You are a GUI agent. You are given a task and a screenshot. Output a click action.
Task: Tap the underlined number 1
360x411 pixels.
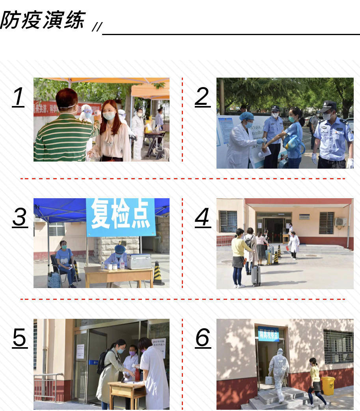click(x=18, y=97)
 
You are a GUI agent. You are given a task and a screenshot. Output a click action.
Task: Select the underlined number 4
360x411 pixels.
click(x=202, y=217)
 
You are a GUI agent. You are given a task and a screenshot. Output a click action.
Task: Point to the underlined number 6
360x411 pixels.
click(x=203, y=338)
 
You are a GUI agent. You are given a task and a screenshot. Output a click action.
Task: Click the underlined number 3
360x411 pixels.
click(x=20, y=217)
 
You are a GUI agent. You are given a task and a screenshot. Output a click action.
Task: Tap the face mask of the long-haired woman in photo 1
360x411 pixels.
click(x=109, y=116)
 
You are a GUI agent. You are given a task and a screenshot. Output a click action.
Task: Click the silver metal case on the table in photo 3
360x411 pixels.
click(x=138, y=261)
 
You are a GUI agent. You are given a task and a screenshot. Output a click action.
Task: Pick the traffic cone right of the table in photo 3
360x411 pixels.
click(x=158, y=273)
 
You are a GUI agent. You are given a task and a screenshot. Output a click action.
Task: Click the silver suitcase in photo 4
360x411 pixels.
click(x=256, y=275)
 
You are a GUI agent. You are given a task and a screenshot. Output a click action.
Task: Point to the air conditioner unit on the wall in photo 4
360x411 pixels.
click(x=340, y=222)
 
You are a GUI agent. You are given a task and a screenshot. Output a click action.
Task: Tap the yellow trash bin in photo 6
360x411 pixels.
click(x=328, y=385)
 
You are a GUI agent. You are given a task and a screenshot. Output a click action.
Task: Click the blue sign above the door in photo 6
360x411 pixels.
click(x=268, y=334)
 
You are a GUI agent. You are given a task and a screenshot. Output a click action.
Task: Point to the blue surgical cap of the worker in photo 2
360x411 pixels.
click(x=247, y=116)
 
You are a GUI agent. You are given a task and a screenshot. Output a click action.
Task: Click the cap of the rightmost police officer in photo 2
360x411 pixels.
click(x=328, y=106)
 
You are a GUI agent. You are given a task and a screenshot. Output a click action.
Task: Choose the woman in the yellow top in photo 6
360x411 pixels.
click(x=315, y=379)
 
